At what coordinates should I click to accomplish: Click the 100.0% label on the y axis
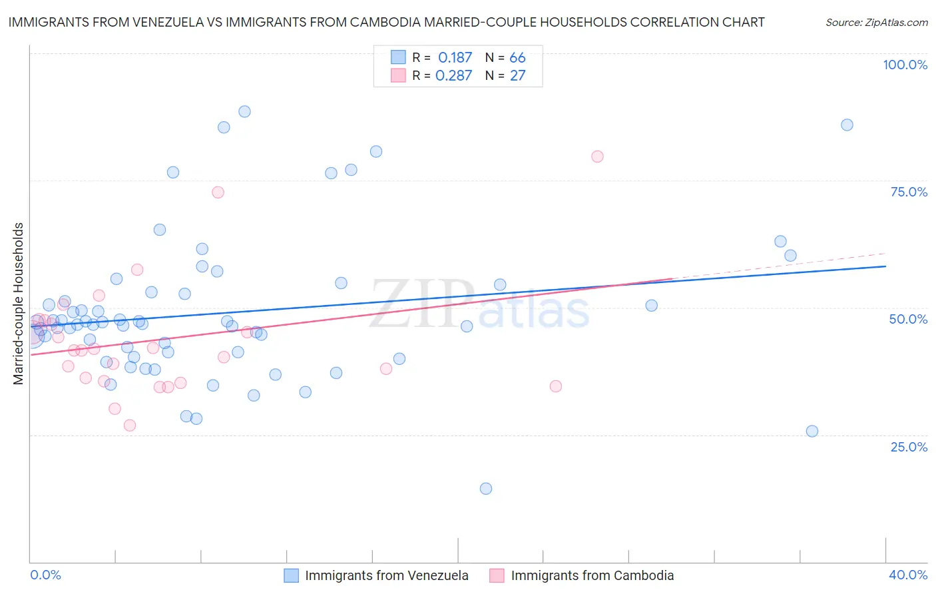pyautogui.click(x=905, y=65)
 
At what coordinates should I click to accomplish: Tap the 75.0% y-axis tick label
pyautogui.click(x=909, y=192)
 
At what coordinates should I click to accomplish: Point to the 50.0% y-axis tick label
pyautogui.click(x=908, y=319)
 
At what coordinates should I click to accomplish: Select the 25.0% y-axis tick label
pyautogui.click(x=909, y=446)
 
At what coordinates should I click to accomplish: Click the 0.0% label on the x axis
pyautogui.click(x=45, y=575)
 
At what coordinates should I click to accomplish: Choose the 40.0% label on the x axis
pyautogui.click(x=908, y=575)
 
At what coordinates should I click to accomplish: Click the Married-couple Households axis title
pyautogui.click(x=19, y=304)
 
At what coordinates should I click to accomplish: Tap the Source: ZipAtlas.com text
pyautogui.click(x=876, y=23)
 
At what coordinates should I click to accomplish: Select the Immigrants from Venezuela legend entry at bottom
pyautogui.click(x=386, y=575)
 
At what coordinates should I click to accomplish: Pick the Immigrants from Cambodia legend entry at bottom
pyautogui.click(x=592, y=575)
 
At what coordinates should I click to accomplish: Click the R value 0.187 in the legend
pyautogui.click(x=455, y=58)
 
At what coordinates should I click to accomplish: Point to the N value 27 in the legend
pyautogui.click(x=517, y=76)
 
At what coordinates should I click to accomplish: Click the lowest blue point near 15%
pyautogui.click(x=486, y=489)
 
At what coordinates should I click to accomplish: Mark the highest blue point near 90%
pyautogui.click(x=244, y=112)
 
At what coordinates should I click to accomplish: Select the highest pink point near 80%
pyautogui.click(x=597, y=156)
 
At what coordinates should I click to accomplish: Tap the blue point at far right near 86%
pyautogui.click(x=847, y=125)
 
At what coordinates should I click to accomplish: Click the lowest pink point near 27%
pyautogui.click(x=130, y=426)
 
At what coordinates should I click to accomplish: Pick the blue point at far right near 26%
pyautogui.click(x=812, y=432)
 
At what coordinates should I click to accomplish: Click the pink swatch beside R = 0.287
pyautogui.click(x=398, y=76)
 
